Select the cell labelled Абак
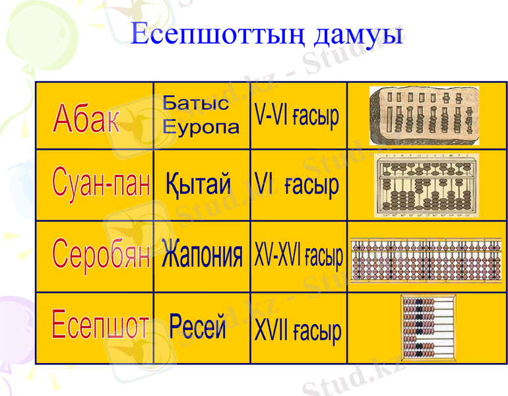tap(87, 119)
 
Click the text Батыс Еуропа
tap(201, 115)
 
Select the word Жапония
tap(202, 256)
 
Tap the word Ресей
tap(198, 326)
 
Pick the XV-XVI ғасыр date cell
tap(298, 256)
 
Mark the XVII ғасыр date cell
tap(298, 329)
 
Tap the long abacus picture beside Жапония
tap(426, 260)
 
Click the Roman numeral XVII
tap(270, 329)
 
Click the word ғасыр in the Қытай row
tap(311, 185)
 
